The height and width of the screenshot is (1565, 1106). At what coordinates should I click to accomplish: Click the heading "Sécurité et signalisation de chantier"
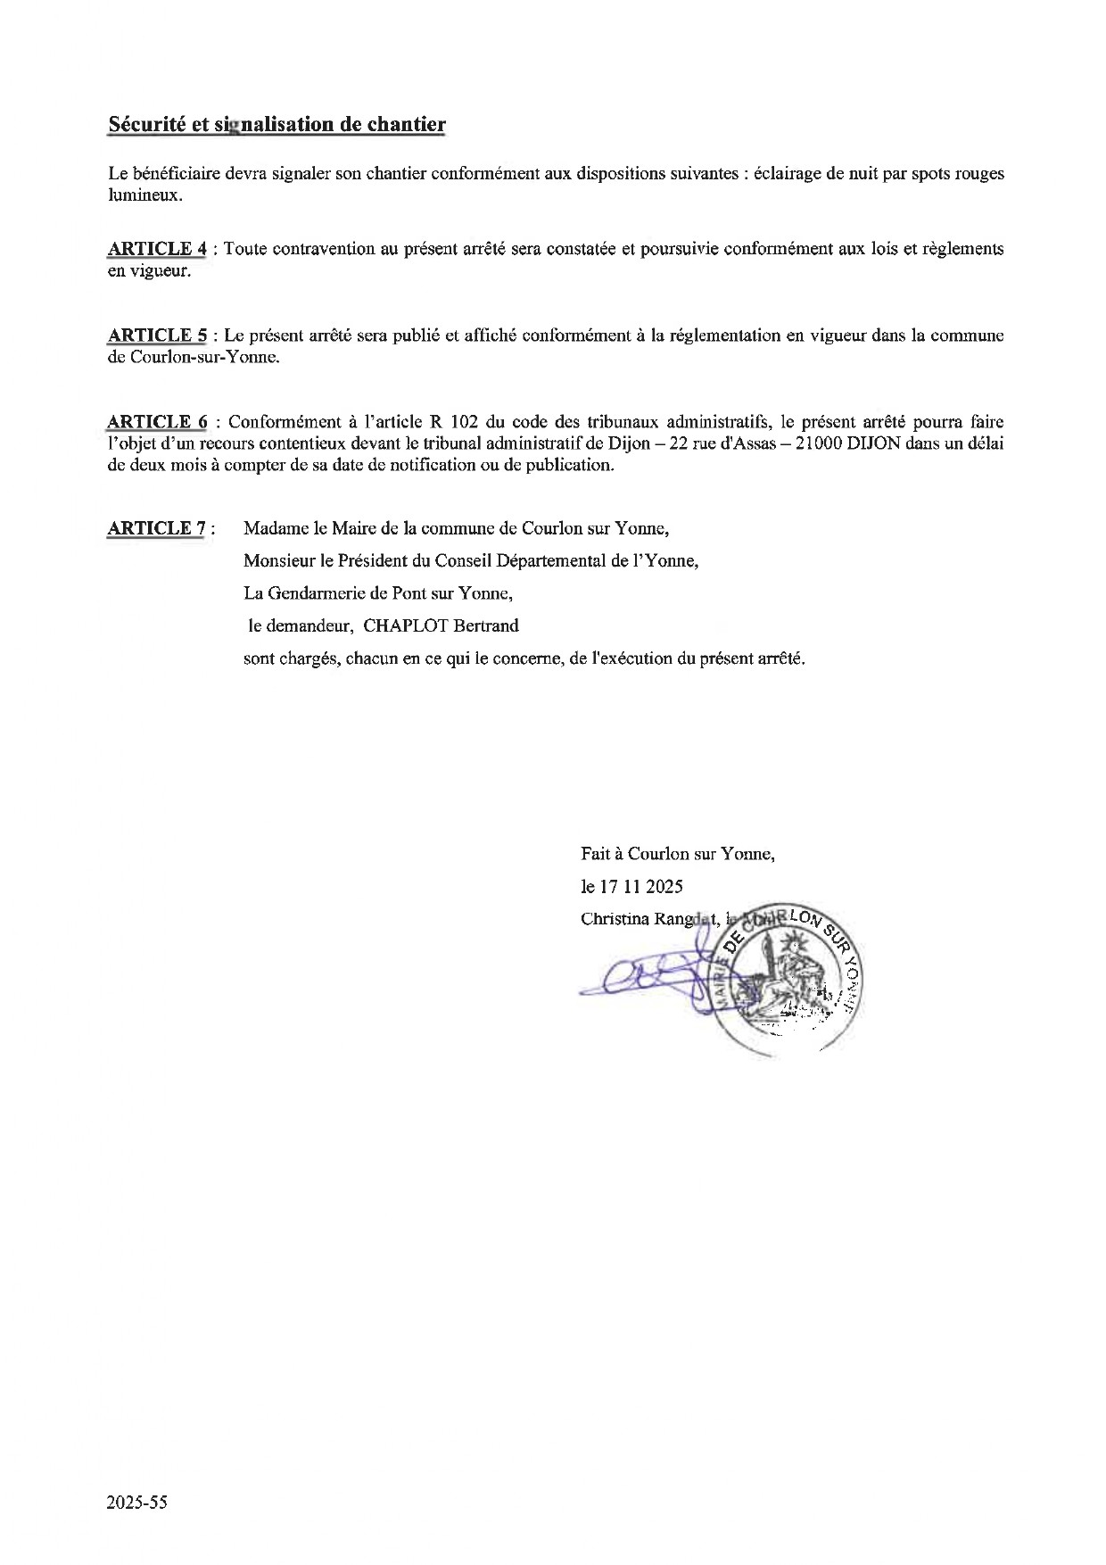tap(276, 124)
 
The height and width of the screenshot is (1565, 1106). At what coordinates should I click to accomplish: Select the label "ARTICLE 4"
tap(156, 249)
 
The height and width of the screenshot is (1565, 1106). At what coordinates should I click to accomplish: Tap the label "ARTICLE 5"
tap(157, 335)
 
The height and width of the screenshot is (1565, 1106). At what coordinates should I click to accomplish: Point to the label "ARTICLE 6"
tap(157, 422)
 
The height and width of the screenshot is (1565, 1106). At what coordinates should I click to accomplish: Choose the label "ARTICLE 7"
tap(156, 528)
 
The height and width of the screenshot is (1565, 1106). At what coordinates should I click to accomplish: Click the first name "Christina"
tap(614, 918)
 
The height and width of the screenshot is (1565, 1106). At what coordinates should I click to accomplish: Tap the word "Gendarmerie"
tap(303, 593)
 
